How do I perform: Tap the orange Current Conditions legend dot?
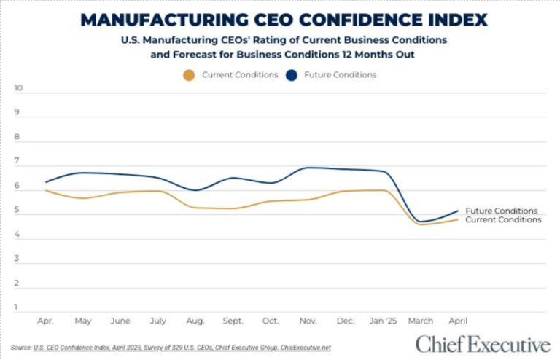(x=190, y=75)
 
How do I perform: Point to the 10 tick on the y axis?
(x=19, y=88)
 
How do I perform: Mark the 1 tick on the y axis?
(x=17, y=308)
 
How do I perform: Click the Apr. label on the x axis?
(x=46, y=321)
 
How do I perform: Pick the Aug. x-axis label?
(x=195, y=321)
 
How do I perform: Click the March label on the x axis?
(x=421, y=321)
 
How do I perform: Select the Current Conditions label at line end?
(x=503, y=219)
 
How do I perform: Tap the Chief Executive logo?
(x=483, y=343)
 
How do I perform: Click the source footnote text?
(x=171, y=348)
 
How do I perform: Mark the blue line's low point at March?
(x=421, y=222)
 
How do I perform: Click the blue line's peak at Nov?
(x=308, y=168)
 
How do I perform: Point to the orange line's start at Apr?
(x=46, y=190)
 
